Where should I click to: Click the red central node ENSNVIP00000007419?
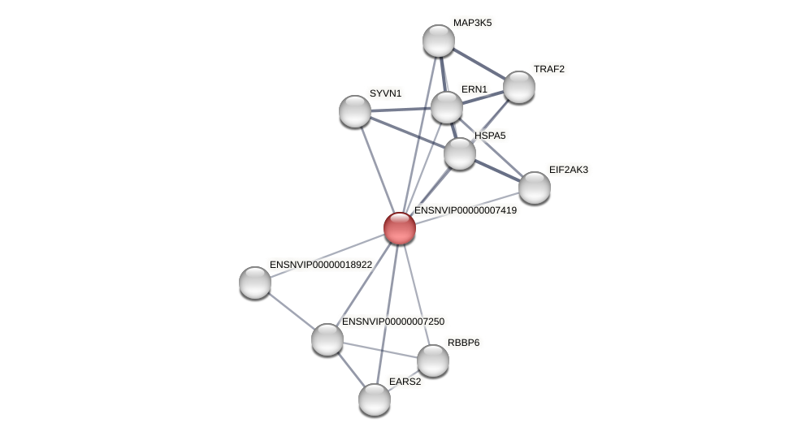[400, 228]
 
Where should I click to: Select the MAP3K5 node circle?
[439, 41]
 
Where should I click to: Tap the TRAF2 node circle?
[519, 87]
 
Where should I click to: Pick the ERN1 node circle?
[447, 107]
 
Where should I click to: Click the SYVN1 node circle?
[355, 111]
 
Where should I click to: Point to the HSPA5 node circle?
[460, 153]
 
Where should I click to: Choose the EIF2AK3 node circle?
[535, 188]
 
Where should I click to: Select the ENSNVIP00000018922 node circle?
[255, 283]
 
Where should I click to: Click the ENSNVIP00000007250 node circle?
[327, 339]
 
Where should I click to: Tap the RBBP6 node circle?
[433, 360]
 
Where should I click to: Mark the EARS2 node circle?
[375, 399]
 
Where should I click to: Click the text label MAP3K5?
[472, 23]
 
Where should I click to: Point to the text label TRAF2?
[549, 69]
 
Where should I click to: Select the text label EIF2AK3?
[569, 170]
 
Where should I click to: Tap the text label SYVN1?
[385, 93]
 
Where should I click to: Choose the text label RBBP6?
[463, 343]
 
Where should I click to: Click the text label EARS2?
[405, 382]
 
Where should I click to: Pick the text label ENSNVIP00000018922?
[321, 265]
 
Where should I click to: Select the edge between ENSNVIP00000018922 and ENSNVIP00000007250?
[291, 311]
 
